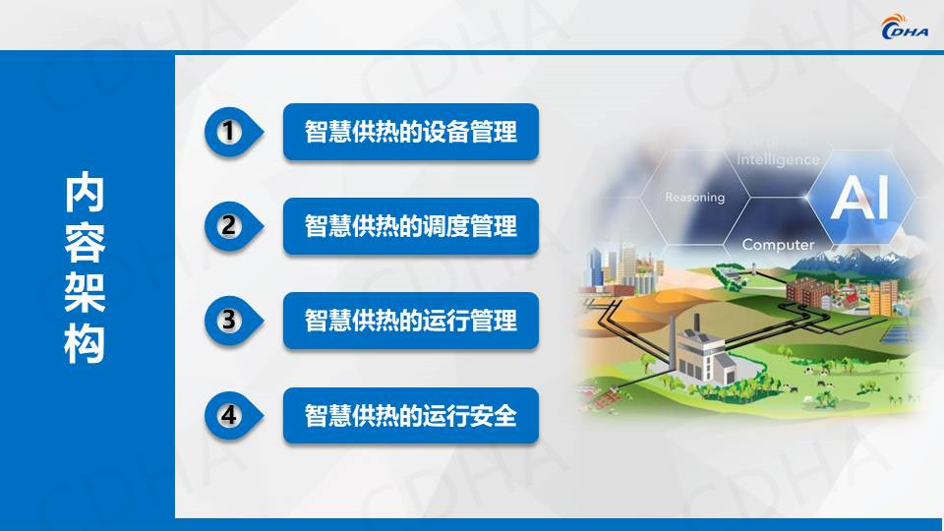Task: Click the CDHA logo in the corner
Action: [x=905, y=27]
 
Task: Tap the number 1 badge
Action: [x=232, y=132]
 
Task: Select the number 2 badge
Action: [x=232, y=226]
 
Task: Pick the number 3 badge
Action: [x=232, y=321]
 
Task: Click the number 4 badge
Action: [x=232, y=415]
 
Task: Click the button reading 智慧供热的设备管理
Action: [x=411, y=132]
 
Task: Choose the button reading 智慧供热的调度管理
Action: [x=411, y=226]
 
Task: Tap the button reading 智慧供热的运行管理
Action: [x=411, y=321]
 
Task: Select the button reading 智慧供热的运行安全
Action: [x=411, y=415]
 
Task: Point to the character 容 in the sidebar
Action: [x=85, y=243]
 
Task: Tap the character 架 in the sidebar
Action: [x=85, y=293]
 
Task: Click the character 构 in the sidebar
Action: [x=85, y=344]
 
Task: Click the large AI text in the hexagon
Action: [x=859, y=198]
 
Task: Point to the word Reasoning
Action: [x=695, y=198]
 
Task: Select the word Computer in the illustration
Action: [x=778, y=245]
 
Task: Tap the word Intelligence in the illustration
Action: [x=778, y=159]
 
